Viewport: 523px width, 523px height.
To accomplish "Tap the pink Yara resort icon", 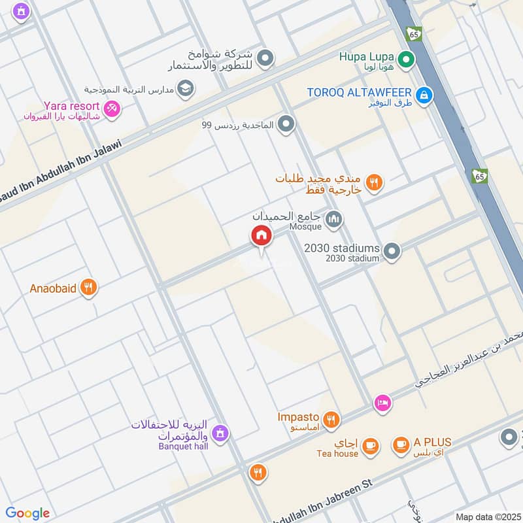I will (x=112, y=109).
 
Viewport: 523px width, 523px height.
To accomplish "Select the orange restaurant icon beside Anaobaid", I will (x=89, y=287).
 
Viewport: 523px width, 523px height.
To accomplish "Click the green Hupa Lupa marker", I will (x=407, y=61).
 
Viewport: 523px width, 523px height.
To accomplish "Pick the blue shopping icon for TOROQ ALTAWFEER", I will (x=425, y=95).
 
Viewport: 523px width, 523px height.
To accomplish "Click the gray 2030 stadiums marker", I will (x=392, y=251).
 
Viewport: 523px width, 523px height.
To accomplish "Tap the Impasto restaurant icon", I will (x=331, y=419).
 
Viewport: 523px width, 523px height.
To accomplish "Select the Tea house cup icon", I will (x=371, y=445).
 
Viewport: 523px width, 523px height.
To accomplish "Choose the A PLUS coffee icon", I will (x=401, y=445).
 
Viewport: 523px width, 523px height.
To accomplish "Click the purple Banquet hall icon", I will (x=221, y=432).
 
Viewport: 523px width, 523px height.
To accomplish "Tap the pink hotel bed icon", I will (x=383, y=403).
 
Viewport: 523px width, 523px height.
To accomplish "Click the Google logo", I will (x=27, y=513).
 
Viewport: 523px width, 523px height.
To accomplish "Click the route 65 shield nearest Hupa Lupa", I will (x=413, y=33).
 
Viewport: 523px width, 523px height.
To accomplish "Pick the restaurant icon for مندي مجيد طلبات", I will (x=374, y=183).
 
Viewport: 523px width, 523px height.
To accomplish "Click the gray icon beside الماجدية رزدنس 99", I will (x=286, y=124).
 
